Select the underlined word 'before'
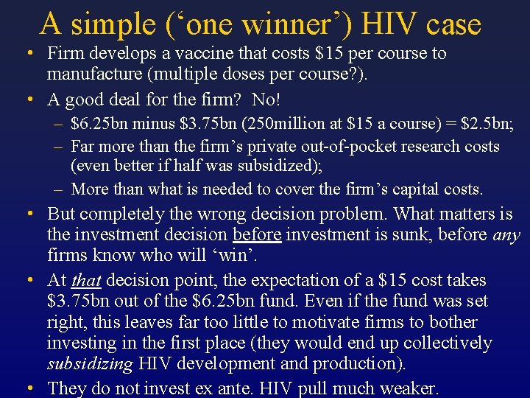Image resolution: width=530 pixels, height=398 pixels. point(257,235)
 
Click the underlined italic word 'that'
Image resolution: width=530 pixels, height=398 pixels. point(88,281)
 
